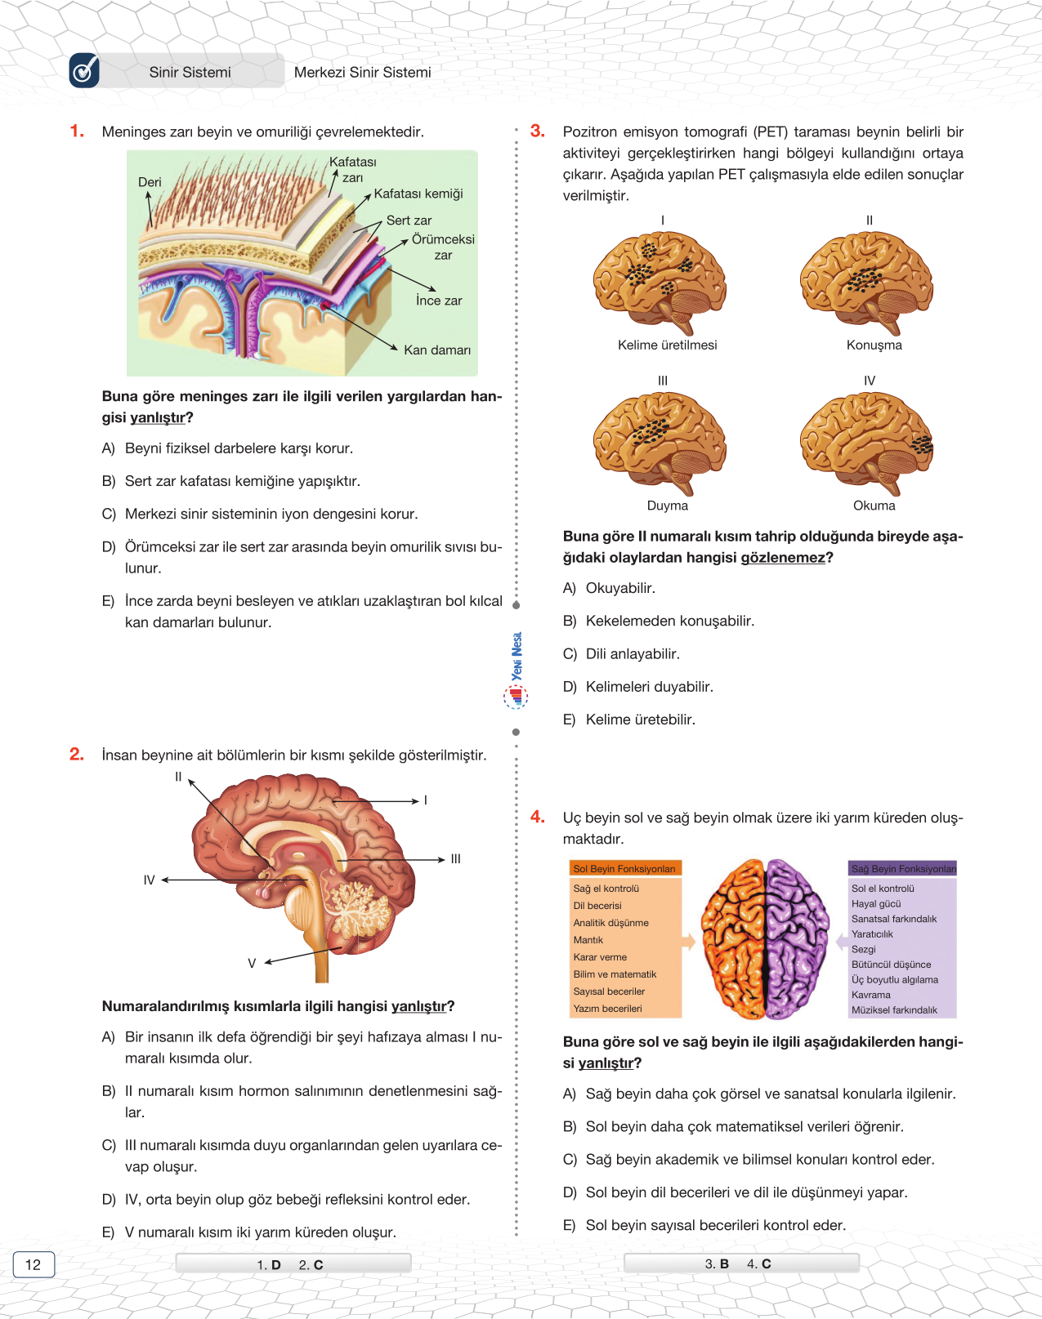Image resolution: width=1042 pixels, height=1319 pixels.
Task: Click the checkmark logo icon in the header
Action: tap(84, 71)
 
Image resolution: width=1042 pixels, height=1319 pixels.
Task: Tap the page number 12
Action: tap(33, 1264)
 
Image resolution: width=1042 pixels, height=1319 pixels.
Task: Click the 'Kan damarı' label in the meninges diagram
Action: tap(436, 350)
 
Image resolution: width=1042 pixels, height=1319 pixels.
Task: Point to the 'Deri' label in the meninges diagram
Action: tap(150, 182)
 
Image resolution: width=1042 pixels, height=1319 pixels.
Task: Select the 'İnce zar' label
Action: tap(438, 301)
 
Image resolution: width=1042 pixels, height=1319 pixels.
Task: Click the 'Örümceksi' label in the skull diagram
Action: tap(442, 239)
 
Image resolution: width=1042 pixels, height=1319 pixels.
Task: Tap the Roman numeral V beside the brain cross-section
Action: tap(252, 963)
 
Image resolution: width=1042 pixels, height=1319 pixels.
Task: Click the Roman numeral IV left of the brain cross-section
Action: tap(149, 880)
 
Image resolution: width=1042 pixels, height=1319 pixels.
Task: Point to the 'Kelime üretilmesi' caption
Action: tap(667, 345)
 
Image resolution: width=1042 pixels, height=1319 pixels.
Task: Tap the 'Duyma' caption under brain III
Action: tap(667, 506)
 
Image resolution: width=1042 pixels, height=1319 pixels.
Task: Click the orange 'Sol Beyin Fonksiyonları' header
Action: tap(624, 869)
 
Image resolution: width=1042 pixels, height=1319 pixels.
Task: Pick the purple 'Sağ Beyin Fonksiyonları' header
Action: tap(903, 869)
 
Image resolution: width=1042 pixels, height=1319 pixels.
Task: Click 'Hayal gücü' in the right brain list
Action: tap(876, 904)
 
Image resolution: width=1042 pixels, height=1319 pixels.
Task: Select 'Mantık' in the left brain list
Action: tap(588, 940)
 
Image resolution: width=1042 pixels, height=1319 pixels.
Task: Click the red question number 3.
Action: tap(537, 131)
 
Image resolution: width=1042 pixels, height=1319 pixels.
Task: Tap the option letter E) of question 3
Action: tap(570, 720)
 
